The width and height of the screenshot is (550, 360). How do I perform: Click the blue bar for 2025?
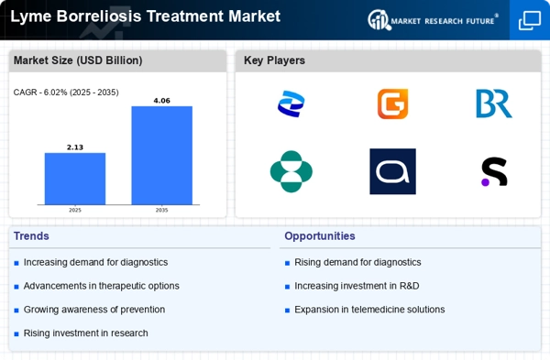tap(75, 179)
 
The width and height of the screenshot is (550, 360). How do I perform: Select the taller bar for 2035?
tap(161, 156)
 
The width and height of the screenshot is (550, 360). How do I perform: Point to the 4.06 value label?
tap(161, 101)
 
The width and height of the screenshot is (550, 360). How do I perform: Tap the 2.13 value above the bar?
tap(75, 147)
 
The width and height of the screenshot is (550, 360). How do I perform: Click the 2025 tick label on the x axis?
tap(75, 210)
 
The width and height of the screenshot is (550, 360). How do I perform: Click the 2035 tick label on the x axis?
tap(161, 210)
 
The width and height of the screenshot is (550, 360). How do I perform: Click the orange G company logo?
tap(392, 104)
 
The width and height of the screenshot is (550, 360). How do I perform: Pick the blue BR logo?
tap(493, 104)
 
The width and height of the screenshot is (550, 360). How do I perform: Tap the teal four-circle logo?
tap(291, 171)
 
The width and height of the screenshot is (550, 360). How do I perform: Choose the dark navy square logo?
tap(392, 171)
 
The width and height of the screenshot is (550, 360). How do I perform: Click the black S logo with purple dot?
tap(494, 171)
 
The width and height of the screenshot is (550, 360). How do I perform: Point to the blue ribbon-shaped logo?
tap(291, 104)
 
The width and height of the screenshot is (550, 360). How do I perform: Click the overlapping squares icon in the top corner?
tap(530, 20)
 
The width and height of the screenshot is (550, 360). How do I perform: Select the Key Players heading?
tap(274, 60)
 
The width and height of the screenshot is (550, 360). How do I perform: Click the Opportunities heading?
tap(320, 236)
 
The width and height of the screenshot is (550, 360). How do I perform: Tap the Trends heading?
tap(31, 236)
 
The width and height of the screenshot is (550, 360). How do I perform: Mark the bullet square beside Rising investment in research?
tap(16, 333)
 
